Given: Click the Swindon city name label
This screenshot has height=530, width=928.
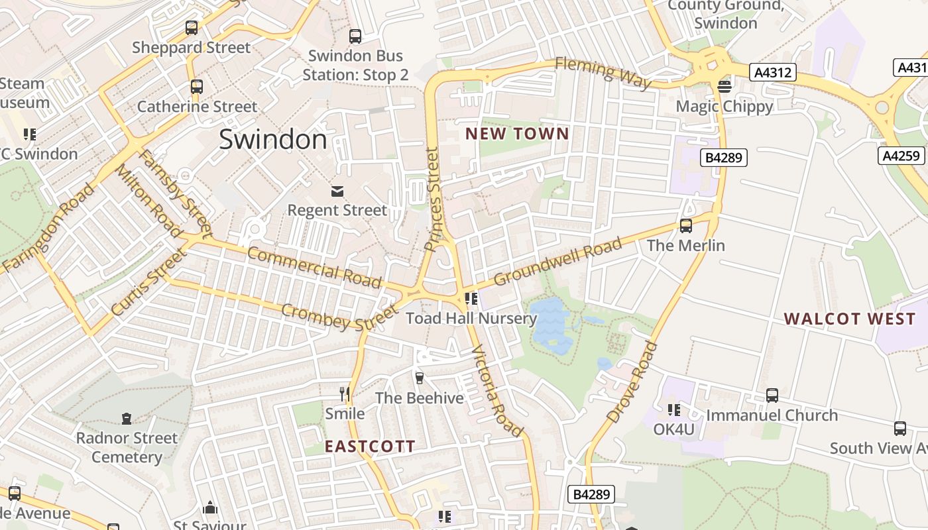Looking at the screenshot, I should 272,140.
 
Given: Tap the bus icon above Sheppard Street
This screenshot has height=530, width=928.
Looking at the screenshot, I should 192,28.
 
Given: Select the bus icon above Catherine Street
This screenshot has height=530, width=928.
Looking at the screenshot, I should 196,87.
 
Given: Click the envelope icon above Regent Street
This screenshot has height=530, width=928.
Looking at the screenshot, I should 337,191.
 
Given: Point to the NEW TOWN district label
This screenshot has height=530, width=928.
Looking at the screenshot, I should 517,134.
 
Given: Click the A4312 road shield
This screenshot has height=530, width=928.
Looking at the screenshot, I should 772,72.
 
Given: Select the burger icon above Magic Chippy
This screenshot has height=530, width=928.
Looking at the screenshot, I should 724,87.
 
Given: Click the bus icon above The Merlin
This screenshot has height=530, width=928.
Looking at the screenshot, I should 686,226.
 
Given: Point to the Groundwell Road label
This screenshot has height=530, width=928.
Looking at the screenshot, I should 557,262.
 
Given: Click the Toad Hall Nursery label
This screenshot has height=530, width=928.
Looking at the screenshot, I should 471,318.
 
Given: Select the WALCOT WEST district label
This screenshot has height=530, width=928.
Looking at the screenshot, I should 849,319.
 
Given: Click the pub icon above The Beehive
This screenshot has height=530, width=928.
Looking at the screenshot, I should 419,378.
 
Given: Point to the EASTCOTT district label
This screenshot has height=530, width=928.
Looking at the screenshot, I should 369,447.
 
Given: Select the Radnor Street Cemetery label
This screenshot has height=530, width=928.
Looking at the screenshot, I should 127,447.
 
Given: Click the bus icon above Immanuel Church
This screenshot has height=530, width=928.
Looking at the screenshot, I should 772,396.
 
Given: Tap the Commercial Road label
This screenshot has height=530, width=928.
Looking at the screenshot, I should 314,267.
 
